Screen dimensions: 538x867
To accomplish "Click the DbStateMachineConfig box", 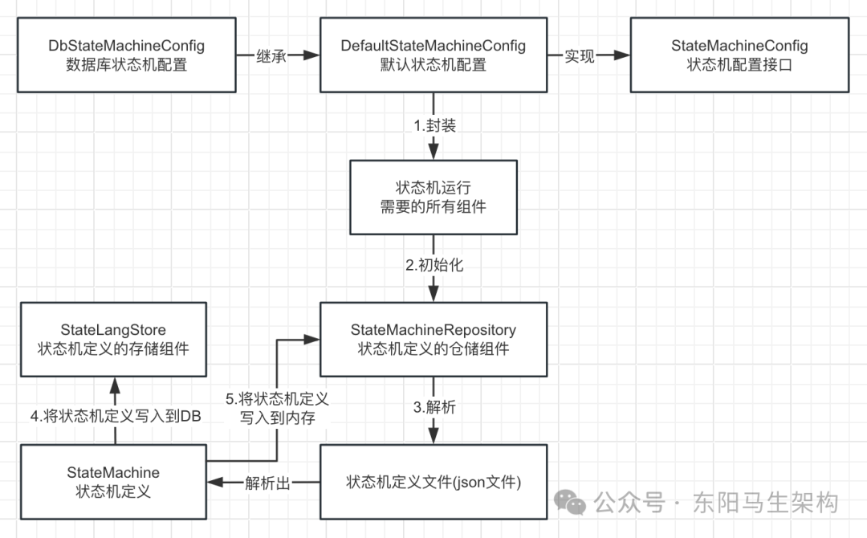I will click(127, 55).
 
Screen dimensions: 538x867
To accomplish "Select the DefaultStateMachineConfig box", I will click(433, 55).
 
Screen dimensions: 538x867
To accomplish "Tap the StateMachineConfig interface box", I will click(739, 55).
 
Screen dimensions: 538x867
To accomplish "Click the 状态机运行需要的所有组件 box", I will click(433, 197).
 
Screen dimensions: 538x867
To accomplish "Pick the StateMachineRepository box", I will click(433, 339).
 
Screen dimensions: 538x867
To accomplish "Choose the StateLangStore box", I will click(113, 339).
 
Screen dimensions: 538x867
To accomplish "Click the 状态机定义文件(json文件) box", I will click(433, 482).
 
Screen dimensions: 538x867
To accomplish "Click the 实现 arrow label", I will click(579, 56).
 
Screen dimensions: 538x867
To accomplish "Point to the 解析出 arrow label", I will click(267, 483).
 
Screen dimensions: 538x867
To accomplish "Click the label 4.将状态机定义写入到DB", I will click(115, 416).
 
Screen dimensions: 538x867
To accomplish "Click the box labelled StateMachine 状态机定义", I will click(113, 482).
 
